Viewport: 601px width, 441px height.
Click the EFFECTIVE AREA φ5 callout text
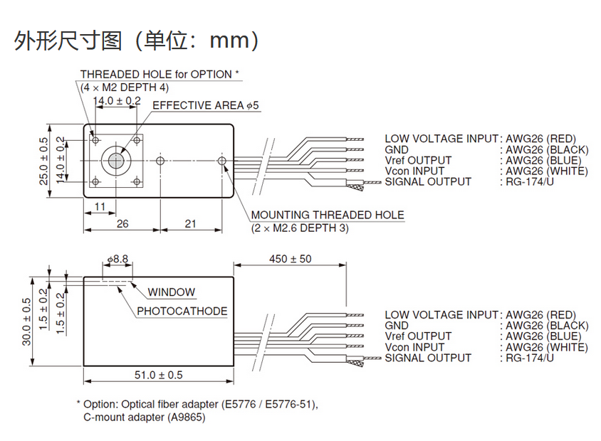coord(206,105)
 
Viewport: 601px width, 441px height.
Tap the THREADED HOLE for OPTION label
coord(160,74)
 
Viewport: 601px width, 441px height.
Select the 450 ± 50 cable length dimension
coord(290,259)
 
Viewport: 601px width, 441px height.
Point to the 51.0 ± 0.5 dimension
coord(159,375)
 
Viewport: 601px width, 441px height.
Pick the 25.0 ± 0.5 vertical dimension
coord(44,161)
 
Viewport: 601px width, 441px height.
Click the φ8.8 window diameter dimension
coord(117,260)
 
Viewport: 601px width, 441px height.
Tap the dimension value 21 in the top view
coord(190,223)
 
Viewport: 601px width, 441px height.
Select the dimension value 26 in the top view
coord(122,223)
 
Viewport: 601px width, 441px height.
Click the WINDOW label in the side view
coord(171,292)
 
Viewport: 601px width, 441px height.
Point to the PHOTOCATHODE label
coord(182,311)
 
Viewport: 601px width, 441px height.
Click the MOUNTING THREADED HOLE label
coord(327,215)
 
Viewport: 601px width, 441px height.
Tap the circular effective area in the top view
coord(113,161)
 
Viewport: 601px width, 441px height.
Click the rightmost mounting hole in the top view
coord(222,161)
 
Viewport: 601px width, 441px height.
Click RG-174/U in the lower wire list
coord(530,358)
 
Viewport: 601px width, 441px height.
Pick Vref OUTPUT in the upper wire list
coord(418,160)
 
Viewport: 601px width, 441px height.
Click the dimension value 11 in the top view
coord(100,206)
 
